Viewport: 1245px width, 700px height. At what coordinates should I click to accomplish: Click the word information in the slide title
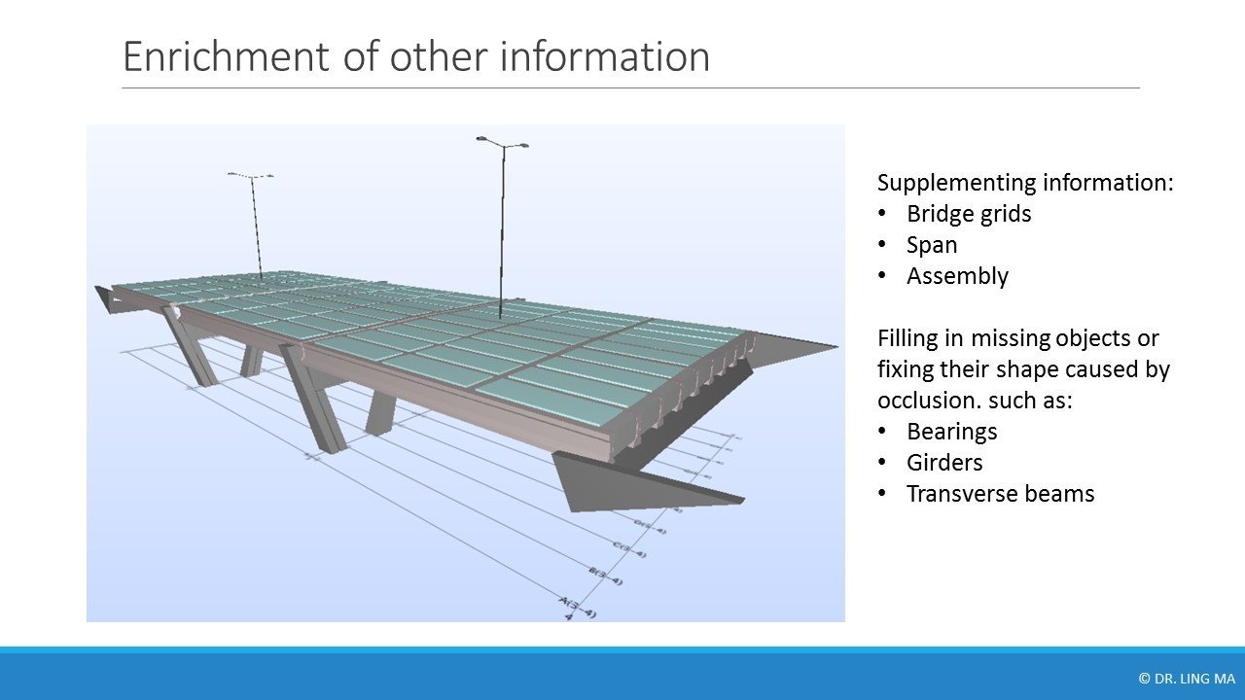coord(604,57)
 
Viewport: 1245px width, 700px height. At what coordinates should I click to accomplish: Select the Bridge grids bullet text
coord(968,214)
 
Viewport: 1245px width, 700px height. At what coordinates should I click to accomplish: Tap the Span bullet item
coord(931,245)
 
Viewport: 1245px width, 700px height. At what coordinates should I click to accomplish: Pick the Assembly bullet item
coord(957,276)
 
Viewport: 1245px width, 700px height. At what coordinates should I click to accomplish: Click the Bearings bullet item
coord(951,431)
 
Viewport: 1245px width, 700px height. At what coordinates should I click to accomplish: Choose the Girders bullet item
coord(943,462)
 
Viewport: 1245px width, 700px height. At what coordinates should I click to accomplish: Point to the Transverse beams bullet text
coord(1000,494)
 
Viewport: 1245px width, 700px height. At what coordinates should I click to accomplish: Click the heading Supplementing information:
coord(1025,183)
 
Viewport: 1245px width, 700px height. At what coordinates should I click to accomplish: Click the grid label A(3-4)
coord(579,608)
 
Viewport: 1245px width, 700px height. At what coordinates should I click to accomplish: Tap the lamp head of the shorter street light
coord(250,176)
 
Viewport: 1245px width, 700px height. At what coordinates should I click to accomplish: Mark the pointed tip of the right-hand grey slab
coord(835,346)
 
